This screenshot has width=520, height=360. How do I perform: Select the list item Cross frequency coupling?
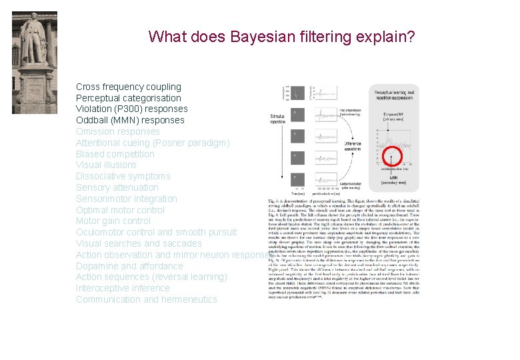tap(128, 87)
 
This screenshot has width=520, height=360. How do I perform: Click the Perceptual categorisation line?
tap(128, 98)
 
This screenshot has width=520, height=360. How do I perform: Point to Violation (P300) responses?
tap(131, 109)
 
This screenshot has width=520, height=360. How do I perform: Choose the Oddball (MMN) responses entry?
tap(129, 120)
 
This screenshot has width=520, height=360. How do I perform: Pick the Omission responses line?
tap(117, 131)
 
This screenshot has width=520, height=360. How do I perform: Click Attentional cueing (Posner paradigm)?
tap(152, 143)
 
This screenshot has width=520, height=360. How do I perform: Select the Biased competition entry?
tap(115, 154)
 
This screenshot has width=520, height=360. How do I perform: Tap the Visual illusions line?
tap(106, 165)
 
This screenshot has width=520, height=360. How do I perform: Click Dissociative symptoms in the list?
tap(123, 176)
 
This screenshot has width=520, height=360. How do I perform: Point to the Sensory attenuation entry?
tap(117, 187)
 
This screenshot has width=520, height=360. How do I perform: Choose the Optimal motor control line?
tap(120, 210)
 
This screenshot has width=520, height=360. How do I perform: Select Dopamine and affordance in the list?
tap(129, 266)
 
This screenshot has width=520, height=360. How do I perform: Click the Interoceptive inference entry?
tap(123, 288)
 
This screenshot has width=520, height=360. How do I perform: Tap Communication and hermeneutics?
tap(146, 299)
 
